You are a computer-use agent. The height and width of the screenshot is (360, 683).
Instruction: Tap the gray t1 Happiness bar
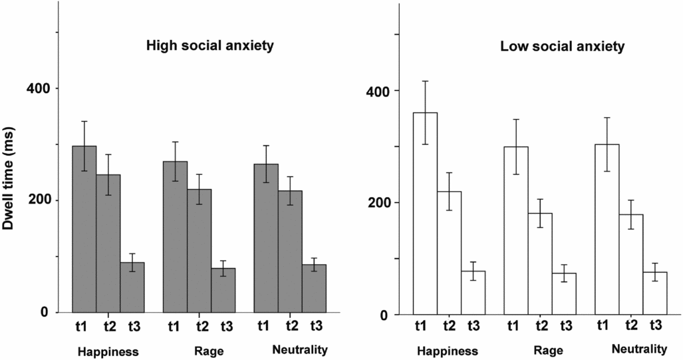click(x=84, y=230)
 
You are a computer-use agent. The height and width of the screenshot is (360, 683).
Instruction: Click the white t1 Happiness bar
click(x=425, y=214)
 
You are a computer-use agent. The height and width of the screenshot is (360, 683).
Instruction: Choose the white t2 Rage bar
click(x=540, y=264)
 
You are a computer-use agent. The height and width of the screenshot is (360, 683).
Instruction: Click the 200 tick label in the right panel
click(x=377, y=203)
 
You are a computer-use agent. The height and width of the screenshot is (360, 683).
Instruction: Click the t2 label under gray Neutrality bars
click(x=291, y=326)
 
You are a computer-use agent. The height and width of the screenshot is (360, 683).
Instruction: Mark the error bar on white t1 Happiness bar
click(x=425, y=112)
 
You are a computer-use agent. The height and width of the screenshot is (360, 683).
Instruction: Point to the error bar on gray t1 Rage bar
click(x=174, y=161)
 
